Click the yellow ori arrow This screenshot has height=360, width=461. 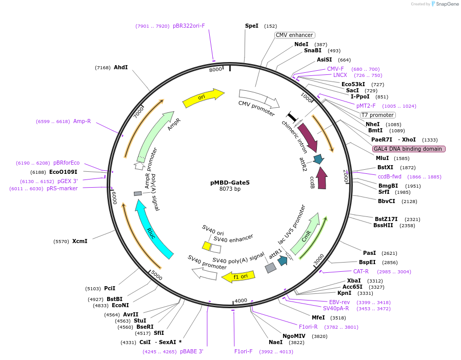203,97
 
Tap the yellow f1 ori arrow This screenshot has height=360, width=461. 238,277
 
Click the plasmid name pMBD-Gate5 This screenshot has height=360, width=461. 230,182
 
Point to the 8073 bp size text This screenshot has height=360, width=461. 230,189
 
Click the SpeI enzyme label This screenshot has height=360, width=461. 252,26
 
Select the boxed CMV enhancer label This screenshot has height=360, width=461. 294,35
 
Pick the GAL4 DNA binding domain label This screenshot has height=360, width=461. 409,149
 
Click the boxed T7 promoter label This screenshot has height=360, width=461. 377,115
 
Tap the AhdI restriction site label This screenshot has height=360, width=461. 121,67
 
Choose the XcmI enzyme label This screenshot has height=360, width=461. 79,241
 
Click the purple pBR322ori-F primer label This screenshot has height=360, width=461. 189,26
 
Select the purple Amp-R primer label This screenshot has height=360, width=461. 82,122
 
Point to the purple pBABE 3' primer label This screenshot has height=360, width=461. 192,352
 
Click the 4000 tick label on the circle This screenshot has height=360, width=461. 241,301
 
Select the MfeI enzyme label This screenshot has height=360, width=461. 318,317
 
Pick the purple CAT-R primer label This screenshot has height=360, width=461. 361,271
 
